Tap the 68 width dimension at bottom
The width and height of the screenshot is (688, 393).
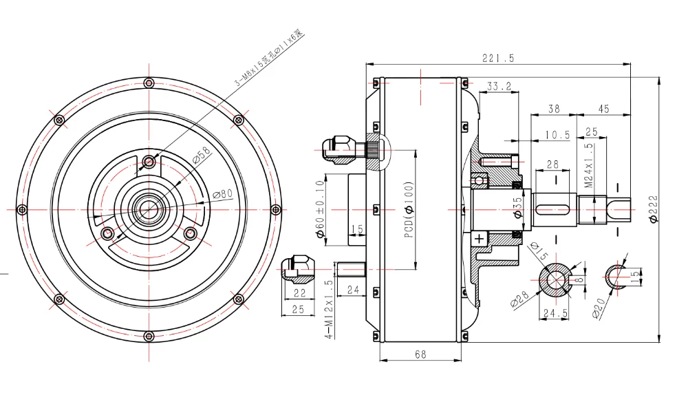[x=420, y=354]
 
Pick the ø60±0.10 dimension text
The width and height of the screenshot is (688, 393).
[x=320, y=209]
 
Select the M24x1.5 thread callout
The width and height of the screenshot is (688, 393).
[x=589, y=166]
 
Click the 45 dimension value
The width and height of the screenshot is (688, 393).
[x=603, y=109]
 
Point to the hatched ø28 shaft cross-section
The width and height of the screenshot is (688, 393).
[x=553, y=282]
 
